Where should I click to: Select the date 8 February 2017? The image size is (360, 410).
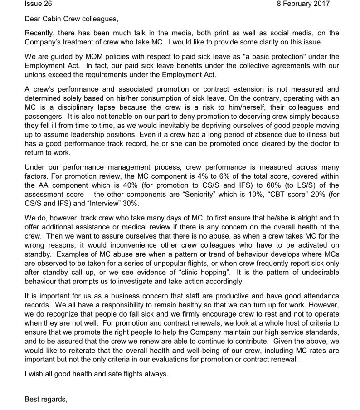(x=303, y=4)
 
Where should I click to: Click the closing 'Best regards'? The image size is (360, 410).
(x=46, y=400)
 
